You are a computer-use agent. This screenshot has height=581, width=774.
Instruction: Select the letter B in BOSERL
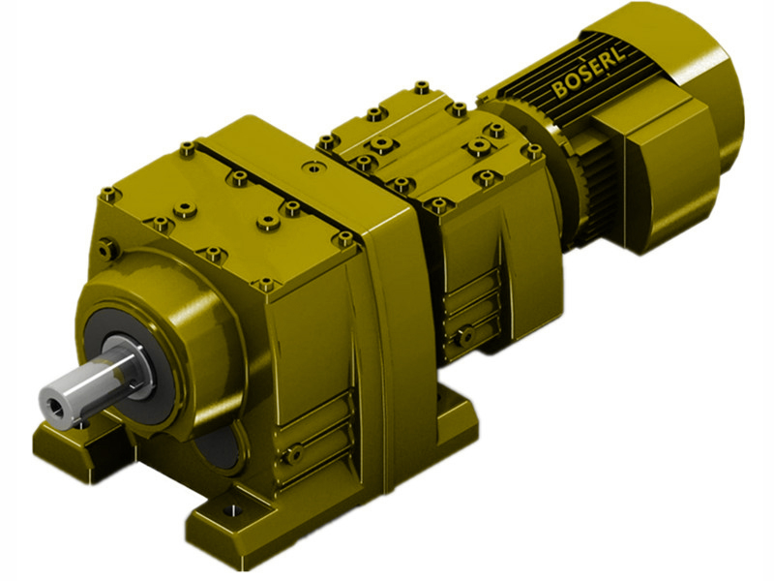point(559,91)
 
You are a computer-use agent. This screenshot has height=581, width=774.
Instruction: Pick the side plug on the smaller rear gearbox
point(465,336)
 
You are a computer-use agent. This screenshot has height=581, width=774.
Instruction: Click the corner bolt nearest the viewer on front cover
point(267,285)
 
